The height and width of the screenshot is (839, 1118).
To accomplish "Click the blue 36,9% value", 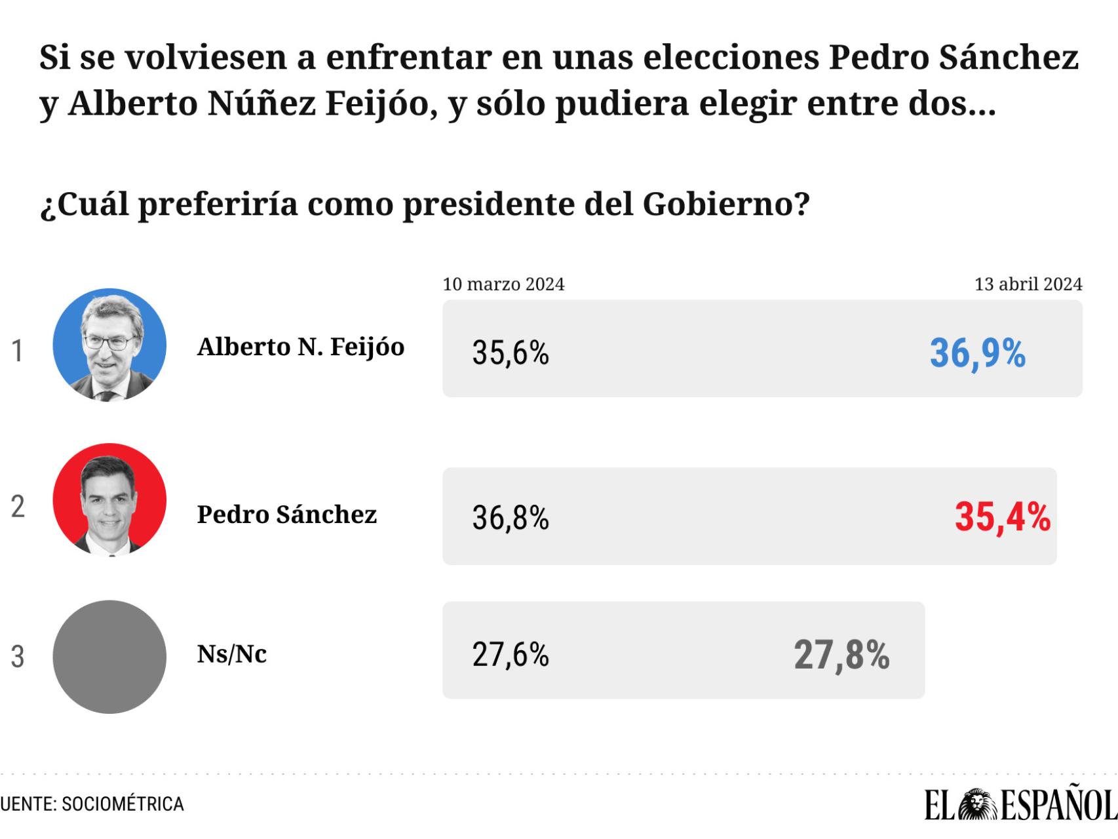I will pyautogui.click(x=977, y=353).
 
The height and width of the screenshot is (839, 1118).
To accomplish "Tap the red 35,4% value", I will pyautogui.click(x=1002, y=517).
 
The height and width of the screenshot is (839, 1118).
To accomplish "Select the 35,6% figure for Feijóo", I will pyautogui.click(x=511, y=353).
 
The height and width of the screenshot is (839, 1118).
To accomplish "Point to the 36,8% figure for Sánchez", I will pyautogui.click(x=511, y=518).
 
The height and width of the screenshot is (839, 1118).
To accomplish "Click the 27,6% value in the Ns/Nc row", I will pyautogui.click(x=511, y=654).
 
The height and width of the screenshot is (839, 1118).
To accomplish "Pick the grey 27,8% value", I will pyautogui.click(x=841, y=655).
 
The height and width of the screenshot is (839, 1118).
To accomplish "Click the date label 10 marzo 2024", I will pyautogui.click(x=503, y=284).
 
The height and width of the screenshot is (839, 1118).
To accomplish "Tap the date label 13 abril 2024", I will pyautogui.click(x=1028, y=284).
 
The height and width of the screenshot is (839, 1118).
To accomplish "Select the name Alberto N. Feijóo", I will pyautogui.click(x=301, y=347).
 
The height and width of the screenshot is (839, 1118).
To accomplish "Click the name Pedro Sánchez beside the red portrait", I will pyautogui.click(x=287, y=515).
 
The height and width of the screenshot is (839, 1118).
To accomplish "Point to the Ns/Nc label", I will pyautogui.click(x=232, y=654).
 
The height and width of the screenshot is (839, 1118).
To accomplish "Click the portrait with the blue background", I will pyautogui.click(x=109, y=345).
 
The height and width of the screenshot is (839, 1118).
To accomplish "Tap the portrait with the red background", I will pyautogui.click(x=109, y=500).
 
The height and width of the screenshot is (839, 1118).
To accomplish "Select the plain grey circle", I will pyautogui.click(x=109, y=657).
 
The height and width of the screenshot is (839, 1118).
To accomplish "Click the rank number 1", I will pyautogui.click(x=18, y=351).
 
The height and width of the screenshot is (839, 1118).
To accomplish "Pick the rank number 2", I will pyautogui.click(x=18, y=507).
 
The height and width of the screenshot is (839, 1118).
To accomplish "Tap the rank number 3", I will pyautogui.click(x=18, y=657).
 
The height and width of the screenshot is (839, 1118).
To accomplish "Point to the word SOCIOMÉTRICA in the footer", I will pyautogui.click(x=123, y=804).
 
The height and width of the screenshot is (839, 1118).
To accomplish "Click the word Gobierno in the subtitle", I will pyautogui.click(x=718, y=205).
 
